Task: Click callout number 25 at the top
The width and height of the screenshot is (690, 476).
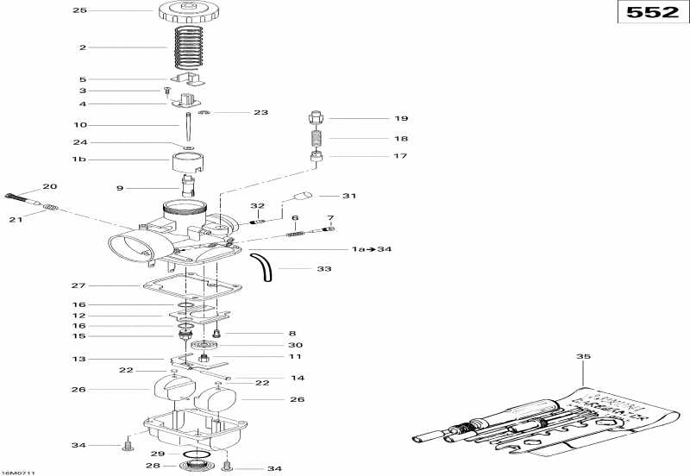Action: pyautogui.click(x=80, y=11)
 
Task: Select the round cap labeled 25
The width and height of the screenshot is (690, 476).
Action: pyautogui.click(x=185, y=12)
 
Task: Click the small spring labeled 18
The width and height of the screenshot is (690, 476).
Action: pyautogui.click(x=317, y=137)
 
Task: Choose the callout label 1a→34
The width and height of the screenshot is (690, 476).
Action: pyautogui.click(x=371, y=249)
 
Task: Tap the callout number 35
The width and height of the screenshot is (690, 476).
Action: pyautogui.click(x=583, y=355)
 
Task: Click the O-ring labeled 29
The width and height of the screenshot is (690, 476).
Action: pyautogui.click(x=197, y=454)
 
